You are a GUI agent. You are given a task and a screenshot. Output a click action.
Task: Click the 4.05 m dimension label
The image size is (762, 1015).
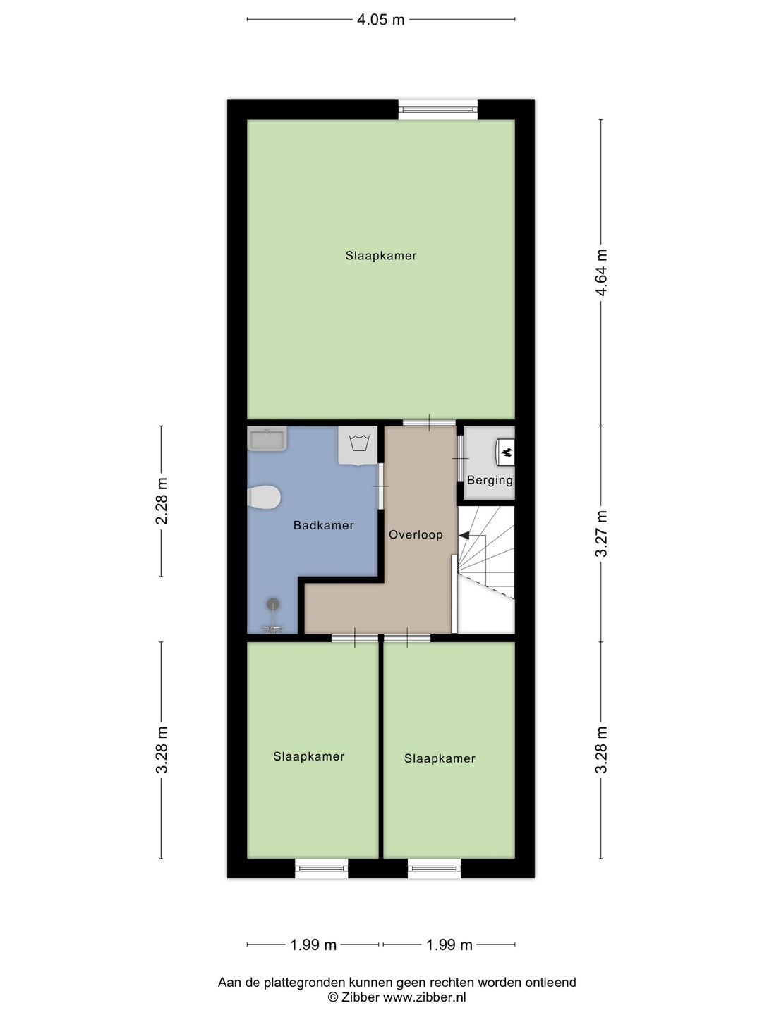point(380,20)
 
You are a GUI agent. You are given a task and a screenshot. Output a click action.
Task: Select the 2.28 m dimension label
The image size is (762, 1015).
point(162,501)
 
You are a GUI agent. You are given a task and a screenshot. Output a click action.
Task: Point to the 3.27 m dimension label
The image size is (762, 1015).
point(601,534)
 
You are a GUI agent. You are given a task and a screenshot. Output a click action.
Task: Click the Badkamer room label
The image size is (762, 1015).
point(323,525)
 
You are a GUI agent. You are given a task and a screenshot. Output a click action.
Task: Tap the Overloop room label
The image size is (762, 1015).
point(416,534)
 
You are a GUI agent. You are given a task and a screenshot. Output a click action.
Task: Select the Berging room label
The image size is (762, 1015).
point(490,480)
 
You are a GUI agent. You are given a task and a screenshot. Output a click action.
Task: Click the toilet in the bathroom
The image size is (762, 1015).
point(265,497)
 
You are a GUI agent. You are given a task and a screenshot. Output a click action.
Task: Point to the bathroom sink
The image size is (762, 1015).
point(267,439)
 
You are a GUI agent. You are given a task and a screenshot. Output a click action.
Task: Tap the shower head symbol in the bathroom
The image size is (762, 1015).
point(272,604)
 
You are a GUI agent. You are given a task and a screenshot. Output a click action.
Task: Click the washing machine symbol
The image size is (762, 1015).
point(359,445)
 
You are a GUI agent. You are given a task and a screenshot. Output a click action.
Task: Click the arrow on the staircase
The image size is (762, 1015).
point(465,536)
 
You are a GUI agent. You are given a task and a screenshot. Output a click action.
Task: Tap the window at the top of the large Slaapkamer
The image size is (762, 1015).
point(438,109)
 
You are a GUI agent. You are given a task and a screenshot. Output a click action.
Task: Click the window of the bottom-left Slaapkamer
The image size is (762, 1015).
point(321,868)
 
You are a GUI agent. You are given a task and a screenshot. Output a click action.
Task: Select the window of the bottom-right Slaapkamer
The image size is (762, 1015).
point(434,868)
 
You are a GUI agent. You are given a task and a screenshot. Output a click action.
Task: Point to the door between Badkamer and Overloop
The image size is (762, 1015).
point(381,486)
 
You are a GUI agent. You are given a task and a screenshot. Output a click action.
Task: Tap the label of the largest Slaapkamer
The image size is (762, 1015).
point(380,256)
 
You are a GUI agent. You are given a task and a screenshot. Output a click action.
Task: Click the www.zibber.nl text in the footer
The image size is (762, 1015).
point(424,997)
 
